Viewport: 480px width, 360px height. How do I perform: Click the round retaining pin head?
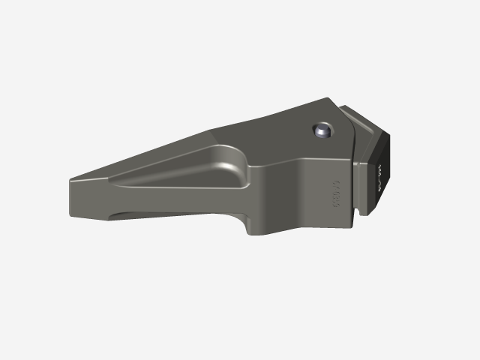click(x=322, y=131)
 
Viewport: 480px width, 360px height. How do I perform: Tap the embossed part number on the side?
click(x=336, y=192)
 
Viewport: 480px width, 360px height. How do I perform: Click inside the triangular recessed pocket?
click(x=202, y=169)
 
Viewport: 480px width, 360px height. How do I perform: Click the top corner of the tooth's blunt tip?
click(x=73, y=180)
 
